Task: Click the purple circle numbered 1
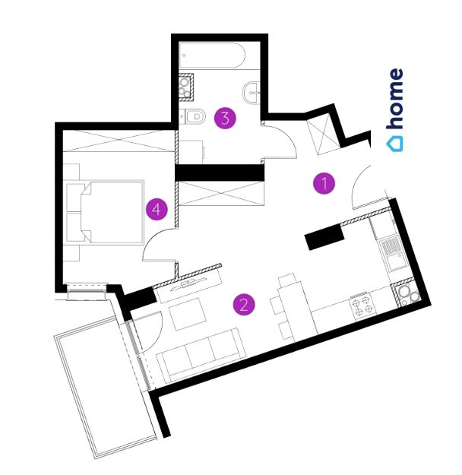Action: click(x=324, y=183)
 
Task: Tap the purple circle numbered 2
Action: click(x=244, y=305)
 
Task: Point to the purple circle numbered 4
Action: click(x=157, y=209)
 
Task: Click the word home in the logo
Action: click(x=395, y=99)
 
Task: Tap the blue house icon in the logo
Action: click(x=395, y=142)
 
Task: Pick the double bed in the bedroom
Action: click(x=106, y=212)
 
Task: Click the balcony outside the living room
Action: click(x=103, y=388)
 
